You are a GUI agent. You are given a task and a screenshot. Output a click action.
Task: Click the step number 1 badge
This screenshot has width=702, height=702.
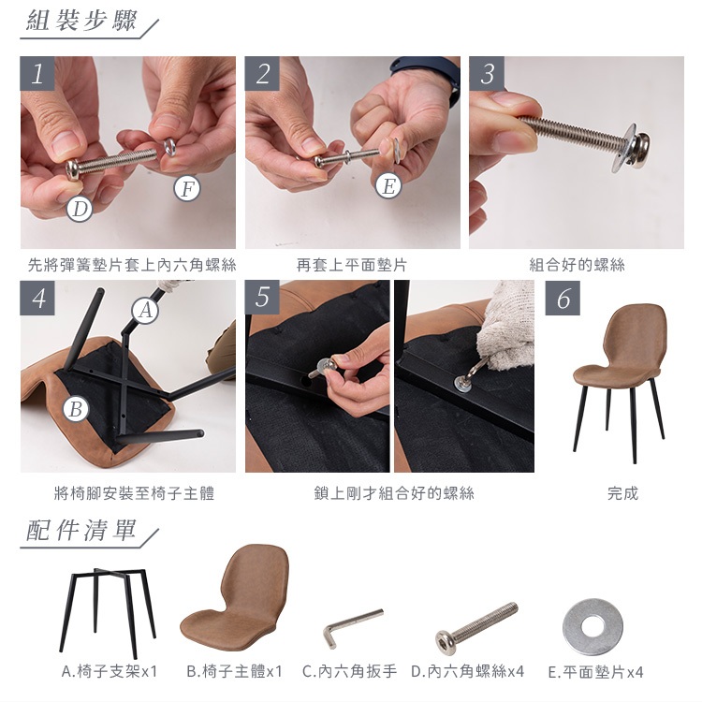click(37, 73)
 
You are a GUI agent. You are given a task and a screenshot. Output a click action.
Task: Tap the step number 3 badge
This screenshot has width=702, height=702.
click(487, 73)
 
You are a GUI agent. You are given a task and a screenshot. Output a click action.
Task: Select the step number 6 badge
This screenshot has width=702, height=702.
click(563, 299)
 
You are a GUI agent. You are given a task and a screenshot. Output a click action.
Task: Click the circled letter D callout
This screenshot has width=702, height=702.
click(80, 209)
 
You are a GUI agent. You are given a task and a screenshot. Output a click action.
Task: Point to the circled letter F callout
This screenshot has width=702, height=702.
click(187, 188)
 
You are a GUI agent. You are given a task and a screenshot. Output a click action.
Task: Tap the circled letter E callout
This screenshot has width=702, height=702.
click(388, 186)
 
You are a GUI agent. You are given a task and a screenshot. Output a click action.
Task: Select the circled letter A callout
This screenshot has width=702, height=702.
click(145, 310)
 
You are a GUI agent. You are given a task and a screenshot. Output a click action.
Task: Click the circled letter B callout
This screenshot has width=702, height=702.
click(76, 409)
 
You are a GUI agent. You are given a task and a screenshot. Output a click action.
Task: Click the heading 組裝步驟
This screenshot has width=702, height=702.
click(81, 21)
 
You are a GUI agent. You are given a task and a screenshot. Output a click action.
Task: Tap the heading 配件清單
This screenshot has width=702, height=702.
click(81, 530)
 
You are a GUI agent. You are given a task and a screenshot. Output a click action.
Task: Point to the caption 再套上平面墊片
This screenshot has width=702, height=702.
click(351, 265)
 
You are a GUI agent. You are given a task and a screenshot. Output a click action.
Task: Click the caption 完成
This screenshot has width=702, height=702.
click(622, 493)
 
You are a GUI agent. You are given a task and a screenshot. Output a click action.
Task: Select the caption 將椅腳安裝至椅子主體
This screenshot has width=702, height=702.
click(134, 493)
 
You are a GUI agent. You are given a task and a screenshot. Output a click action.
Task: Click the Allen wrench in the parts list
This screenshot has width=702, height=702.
click(353, 627)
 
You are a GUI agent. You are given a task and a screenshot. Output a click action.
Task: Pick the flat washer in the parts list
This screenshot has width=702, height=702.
click(592, 627)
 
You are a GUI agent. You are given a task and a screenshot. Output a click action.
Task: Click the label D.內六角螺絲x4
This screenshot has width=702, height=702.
click(467, 671)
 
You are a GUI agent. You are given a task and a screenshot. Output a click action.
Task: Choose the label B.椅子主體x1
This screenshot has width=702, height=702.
click(234, 671)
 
